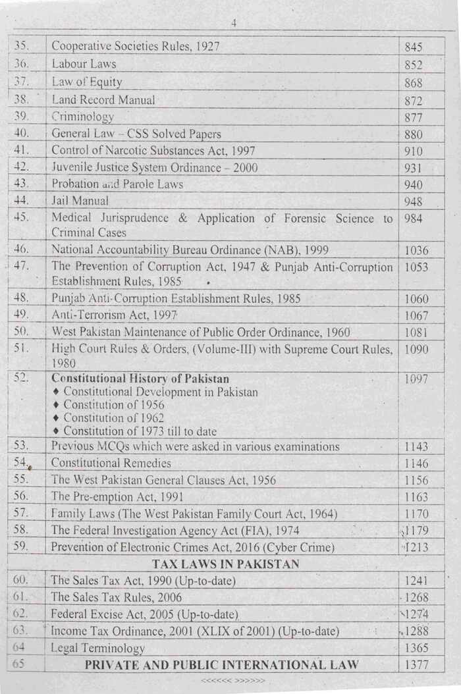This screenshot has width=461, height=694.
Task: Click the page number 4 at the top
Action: click(x=234, y=24)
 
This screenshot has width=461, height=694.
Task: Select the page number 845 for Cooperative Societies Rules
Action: click(x=414, y=47)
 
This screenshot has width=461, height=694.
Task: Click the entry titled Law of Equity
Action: click(x=86, y=82)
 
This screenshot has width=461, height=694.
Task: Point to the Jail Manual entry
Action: click(x=80, y=201)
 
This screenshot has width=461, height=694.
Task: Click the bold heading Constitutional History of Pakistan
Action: click(x=140, y=379)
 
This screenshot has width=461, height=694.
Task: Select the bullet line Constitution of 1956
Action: click(x=113, y=405)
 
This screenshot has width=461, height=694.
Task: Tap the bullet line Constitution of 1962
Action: click(x=113, y=418)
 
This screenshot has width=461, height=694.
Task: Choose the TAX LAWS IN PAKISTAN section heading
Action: click(x=226, y=564)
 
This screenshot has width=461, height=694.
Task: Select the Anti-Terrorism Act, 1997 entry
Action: click(x=111, y=315)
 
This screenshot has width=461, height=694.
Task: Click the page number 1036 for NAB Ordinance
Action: click(x=417, y=250)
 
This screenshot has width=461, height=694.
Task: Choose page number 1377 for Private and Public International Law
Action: click(x=417, y=665)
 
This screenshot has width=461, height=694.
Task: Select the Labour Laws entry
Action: click(x=84, y=65)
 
